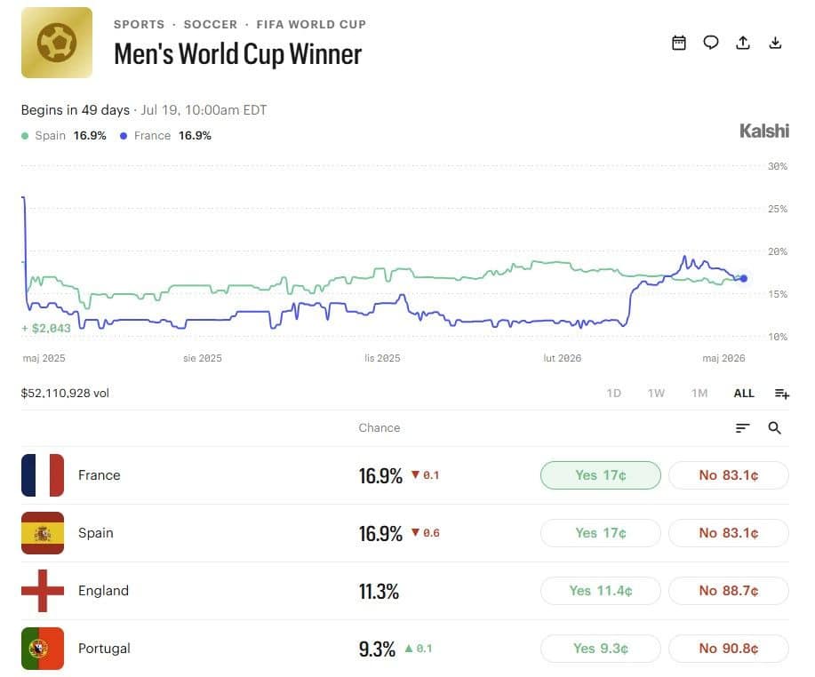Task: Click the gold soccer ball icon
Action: click(x=57, y=43)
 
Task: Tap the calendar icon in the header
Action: click(x=679, y=43)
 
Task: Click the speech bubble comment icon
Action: click(x=710, y=43)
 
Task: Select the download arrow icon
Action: click(x=775, y=43)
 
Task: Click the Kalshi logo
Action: click(x=764, y=131)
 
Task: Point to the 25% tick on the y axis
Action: click(x=778, y=209)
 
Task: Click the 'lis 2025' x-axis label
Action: click(x=382, y=358)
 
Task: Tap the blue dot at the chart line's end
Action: click(x=744, y=278)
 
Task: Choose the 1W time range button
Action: click(x=656, y=394)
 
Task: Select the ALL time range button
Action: click(x=744, y=394)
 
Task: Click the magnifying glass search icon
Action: click(x=774, y=427)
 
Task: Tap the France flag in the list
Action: click(x=43, y=475)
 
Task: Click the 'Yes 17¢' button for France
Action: click(x=600, y=475)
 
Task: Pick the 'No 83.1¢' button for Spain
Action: click(x=728, y=533)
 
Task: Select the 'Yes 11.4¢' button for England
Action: click(x=600, y=591)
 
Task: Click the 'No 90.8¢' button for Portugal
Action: click(x=728, y=649)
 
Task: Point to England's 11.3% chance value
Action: click(x=379, y=592)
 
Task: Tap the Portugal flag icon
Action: click(x=43, y=649)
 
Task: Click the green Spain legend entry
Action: click(x=64, y=136)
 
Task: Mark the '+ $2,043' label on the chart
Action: click(x=45, y=328)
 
